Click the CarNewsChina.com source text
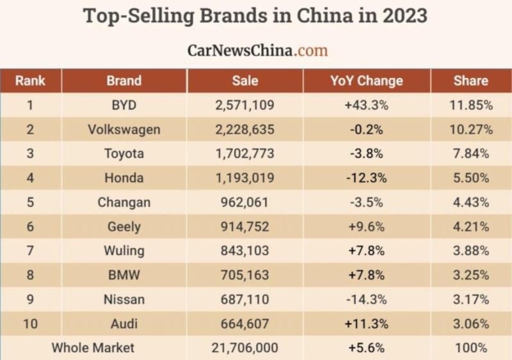[x=257, y=51]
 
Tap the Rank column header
[x=30, y=81]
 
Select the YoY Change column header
[x=366, y=81]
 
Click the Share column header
[x=470, y=81]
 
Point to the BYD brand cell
[x=124, y=105]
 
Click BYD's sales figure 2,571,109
[x=245, y=105]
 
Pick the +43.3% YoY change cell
[x=366, y=105]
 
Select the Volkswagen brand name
[x=124, y=129]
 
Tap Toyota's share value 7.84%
[x=470, y=153]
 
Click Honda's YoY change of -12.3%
[x=366, y=178]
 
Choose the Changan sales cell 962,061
[x=245, y=202]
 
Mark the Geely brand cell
[x=124, y=226]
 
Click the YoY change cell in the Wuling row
[x=366, y=251]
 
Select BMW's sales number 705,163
[x=245, y=275]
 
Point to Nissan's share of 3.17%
[x=470, y=299]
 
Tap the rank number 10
[x=30, y=324]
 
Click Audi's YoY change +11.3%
[x=366, y=324]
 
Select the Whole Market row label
[x=93, y=348]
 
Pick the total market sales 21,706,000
[x=245, y=348]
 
